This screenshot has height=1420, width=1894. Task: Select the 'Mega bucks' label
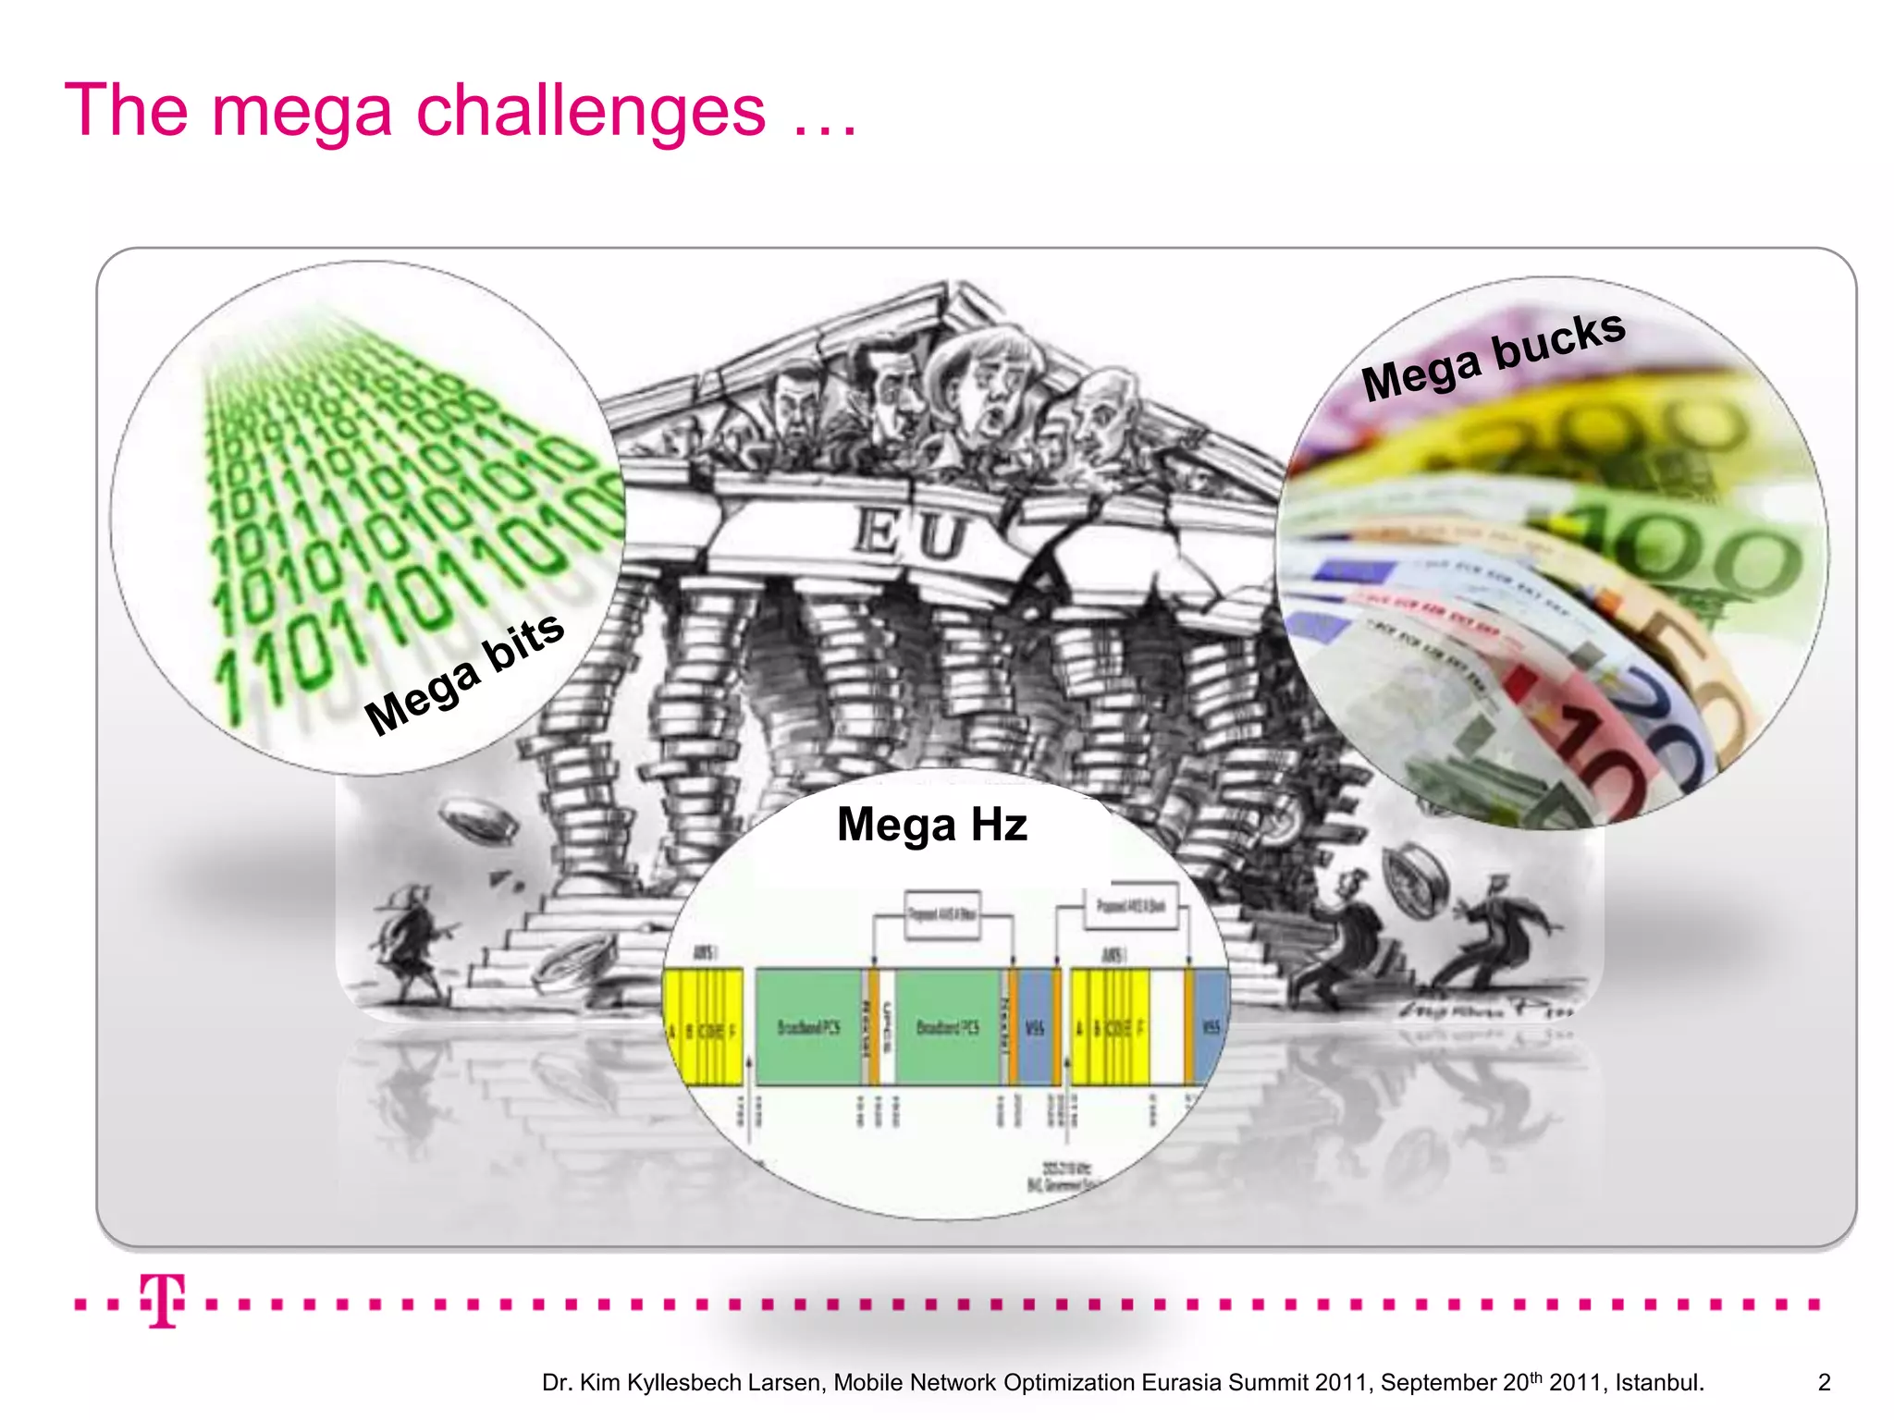[x=1493, y=355]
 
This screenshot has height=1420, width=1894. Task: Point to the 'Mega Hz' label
[x=931, y=824]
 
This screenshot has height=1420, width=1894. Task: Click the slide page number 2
[x=1824, y=1382]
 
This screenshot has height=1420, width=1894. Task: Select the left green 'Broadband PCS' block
[x=808, y=1027]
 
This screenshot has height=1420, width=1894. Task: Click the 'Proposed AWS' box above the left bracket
[x=941, y=915]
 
